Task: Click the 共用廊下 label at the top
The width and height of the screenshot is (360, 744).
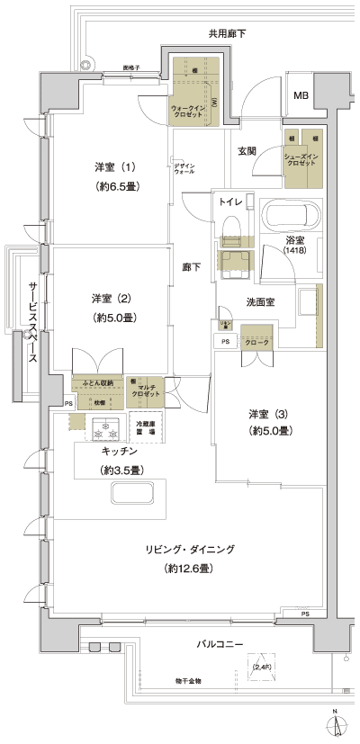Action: tap(227, 34)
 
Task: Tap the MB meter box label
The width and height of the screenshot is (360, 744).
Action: tap(303, 95)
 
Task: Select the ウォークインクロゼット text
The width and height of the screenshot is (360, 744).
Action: tap(190, 112)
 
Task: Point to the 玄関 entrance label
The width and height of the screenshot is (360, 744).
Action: tap(248, 151)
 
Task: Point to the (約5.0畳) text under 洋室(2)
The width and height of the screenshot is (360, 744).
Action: tap(113, 318)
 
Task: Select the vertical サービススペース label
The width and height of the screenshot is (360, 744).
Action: tap(33, 319)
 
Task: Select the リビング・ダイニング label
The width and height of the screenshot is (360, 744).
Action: tap(189, 549)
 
